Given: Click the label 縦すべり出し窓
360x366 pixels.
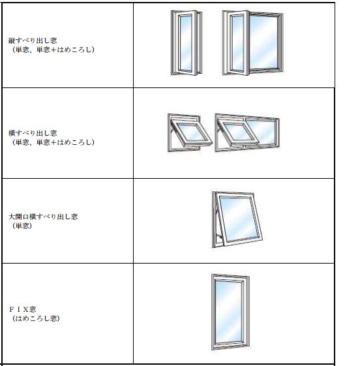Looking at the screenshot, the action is (33, 40).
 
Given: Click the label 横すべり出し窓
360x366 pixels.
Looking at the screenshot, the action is (33, 133).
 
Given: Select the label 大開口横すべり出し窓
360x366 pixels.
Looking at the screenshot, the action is (43, 217).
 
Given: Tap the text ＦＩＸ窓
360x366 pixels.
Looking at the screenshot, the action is (22, 309).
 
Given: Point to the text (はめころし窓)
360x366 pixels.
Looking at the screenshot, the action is (36, 318).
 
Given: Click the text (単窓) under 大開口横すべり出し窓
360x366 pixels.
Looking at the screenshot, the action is (22, 226).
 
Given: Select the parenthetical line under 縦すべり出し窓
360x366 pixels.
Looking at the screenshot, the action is (53, 50).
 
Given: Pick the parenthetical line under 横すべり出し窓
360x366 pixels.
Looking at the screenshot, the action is (53, 142).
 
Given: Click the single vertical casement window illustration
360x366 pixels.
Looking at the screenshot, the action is (187, 43).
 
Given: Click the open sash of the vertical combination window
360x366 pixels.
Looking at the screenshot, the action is (236, 43).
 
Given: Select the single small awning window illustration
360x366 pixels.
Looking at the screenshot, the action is (190, 133).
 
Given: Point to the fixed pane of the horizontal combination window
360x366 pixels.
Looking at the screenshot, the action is (262, 132).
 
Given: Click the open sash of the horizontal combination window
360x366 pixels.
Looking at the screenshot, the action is (237, 132).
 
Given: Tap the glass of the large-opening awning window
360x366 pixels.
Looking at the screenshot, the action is (239, 219).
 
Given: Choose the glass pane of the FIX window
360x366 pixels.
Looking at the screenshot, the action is (228, 312).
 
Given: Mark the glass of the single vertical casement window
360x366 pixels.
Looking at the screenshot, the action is (186, 43).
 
